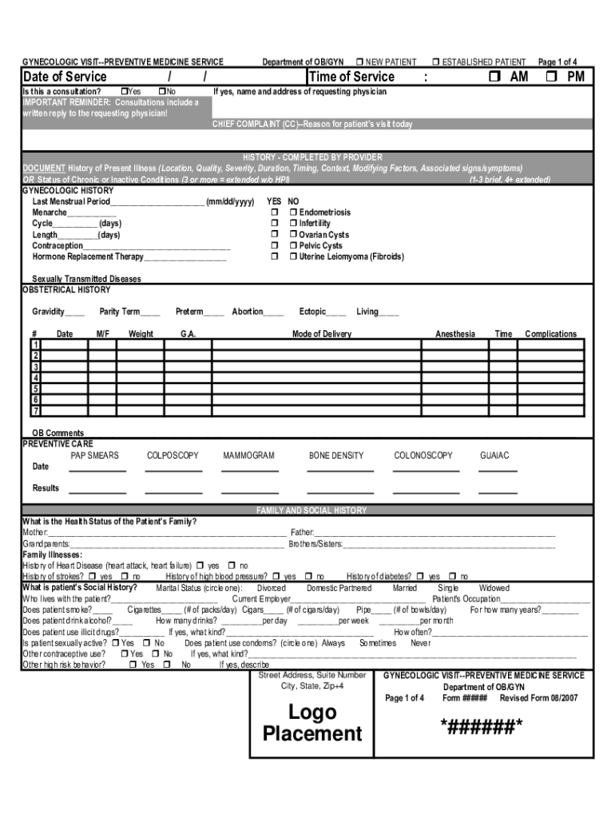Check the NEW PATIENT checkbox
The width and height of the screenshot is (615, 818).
click(360, 62)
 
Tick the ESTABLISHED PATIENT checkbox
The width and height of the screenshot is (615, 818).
click(436, 62)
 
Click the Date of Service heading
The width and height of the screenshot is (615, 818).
click(65, 77)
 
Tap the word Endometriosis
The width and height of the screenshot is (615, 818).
click(325, 212)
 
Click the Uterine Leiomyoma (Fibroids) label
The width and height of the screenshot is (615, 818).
click(351, 257)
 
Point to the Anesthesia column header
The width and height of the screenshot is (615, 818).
click(454, 334)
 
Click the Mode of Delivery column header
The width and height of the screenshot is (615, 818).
click(321, 334)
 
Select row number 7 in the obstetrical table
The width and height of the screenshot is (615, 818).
click(35, 411)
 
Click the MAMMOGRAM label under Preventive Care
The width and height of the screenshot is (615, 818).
click(248, 455)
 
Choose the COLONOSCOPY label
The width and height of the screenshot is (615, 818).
click(423, 455)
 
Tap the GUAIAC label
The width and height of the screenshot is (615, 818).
click(494, 455)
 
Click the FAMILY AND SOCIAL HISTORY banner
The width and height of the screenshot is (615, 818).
click(311, 510)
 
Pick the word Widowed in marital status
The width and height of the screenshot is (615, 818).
click(494, 588)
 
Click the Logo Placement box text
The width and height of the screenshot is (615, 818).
click(312, 723)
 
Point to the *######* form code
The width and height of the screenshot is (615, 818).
click(482, 725)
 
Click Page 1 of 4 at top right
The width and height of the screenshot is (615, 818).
click(557, 62)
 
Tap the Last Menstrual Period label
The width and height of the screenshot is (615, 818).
click(71, 201)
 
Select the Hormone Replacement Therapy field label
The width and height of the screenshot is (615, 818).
click(88, 257)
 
